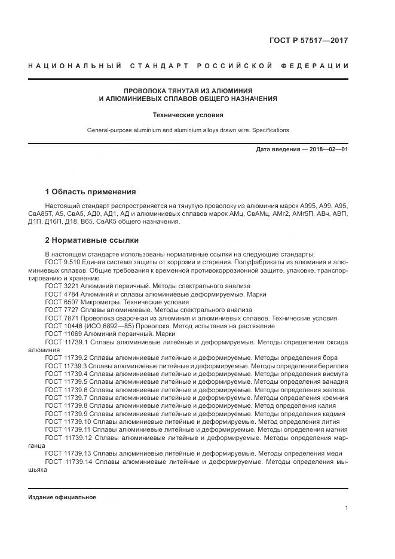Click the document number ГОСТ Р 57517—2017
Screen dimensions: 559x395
pos(307,41)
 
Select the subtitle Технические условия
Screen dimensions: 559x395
pos(188,114)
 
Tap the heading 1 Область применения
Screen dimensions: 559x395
pos(90,192)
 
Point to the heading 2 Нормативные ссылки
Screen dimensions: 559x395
pos(92,240)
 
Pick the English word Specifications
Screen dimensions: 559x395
pos(270,130)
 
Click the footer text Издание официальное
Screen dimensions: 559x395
pos(62,497)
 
